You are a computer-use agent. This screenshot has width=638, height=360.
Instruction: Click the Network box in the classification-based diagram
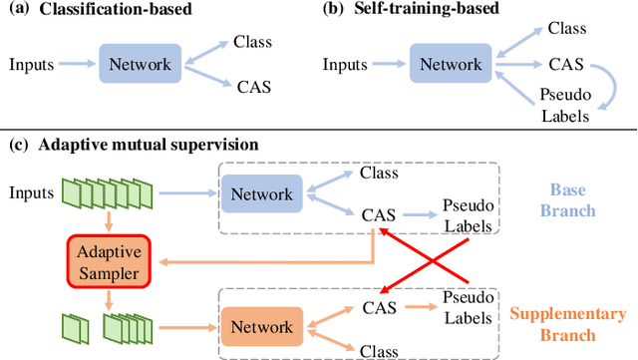(x=141, y=65)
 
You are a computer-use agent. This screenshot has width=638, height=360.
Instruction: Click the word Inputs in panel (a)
(x=31, y=65)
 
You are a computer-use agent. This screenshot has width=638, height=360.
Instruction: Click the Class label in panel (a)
(x=252, y=41)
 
